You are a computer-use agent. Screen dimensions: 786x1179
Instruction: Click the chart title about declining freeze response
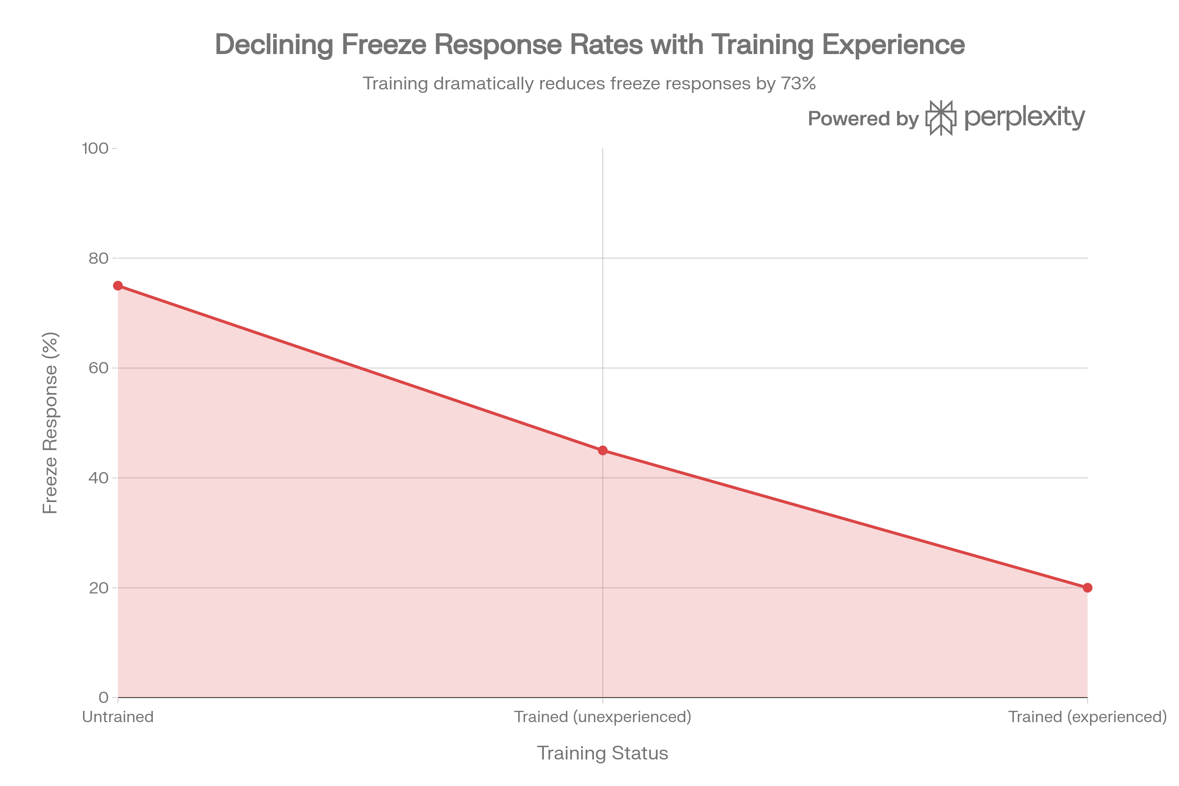(589, 44)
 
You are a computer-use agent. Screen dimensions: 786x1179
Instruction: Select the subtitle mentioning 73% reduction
(589, 83)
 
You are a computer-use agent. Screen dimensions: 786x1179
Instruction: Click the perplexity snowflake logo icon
(941, 118)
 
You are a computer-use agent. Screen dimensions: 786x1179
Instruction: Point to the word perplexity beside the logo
(1025, 118)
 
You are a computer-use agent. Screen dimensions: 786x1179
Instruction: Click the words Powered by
(863, 119)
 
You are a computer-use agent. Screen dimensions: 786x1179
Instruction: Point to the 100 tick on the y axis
(95, 148)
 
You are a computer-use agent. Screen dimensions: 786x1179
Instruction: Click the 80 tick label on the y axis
(98, 258)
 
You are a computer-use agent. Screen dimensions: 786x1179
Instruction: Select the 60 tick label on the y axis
(98, 368)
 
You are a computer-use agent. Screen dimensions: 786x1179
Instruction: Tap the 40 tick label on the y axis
(98, 477)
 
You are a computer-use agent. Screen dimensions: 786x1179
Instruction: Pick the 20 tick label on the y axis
(98, 588)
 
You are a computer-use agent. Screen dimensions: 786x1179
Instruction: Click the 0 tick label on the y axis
(103, 697)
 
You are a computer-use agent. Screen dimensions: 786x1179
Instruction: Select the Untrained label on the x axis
(118, 717)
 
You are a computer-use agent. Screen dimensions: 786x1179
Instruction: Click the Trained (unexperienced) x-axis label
(603, 717)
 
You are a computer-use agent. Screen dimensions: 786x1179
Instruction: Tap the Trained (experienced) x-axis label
(1087, 717)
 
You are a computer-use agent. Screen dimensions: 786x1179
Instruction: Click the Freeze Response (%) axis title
(51, 422)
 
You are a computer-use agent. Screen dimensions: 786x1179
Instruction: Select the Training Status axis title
(603, 753)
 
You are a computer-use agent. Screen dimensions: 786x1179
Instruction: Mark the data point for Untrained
(118, 286)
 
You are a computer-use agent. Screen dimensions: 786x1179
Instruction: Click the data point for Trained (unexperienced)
(603, 450)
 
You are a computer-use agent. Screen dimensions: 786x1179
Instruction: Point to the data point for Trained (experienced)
(1087, 588)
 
